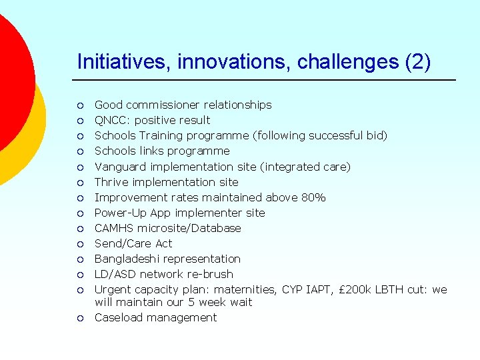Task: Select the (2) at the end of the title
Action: (x=417, y=62)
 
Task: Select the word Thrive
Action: (x=111, y=182)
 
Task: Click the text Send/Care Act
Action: (x=133, y=243)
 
